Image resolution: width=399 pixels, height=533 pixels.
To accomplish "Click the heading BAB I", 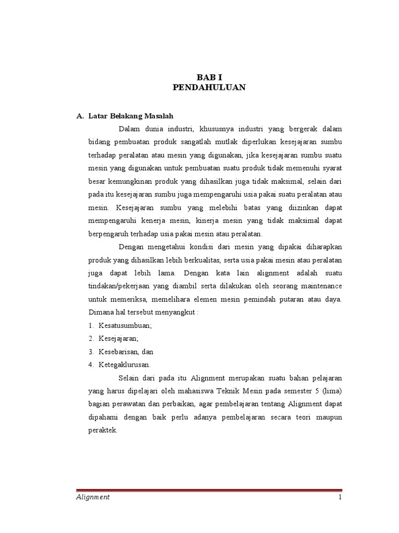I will pyautogui.click(x=209, y=77).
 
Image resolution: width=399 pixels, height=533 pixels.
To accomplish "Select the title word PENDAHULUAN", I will pyautogui.click(x=209, y=88).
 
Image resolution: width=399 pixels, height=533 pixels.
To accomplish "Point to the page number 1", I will pyautogui.click(x=340, y=497).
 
